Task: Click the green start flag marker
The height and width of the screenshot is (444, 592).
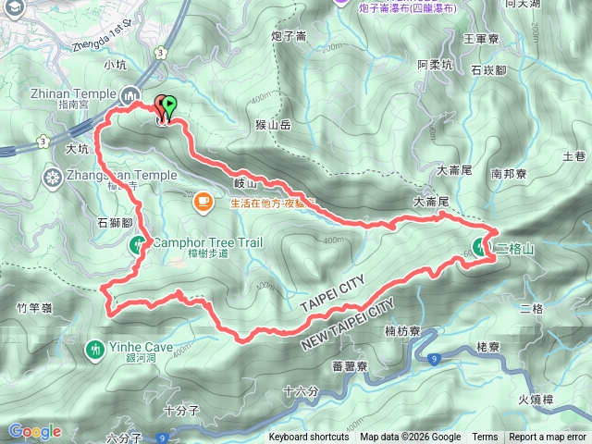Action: click(x=169, y=105)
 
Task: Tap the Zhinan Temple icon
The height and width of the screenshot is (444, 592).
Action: click(x=130, y=93)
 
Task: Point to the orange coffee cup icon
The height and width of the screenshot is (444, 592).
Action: click(x=203, y=199)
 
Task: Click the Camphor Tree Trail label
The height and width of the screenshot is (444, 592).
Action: click(x=208, y=243)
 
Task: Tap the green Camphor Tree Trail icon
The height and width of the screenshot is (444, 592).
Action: click(x=138, y=244)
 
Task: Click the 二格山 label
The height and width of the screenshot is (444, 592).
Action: click(x=516, y=250)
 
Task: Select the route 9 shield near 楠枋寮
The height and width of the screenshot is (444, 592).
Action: click(x=435, y=356)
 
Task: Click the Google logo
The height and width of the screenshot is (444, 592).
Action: click(x=34, y=431)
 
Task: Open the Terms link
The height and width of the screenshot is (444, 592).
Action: click(x=485, y=438)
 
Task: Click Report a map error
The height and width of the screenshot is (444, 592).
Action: click(x=549, y=438)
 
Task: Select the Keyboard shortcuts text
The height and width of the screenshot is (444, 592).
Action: click(x=309, y=438)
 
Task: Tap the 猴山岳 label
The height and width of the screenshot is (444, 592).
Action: click(x=272, y=124)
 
